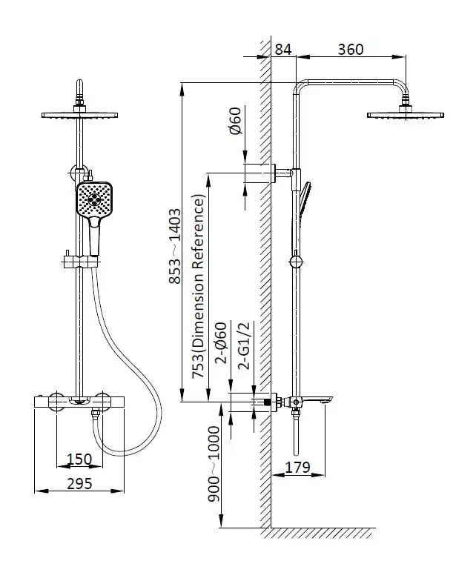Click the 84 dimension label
pyautogui.click(x=283, y=50)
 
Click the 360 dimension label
pyautogui.click(x=351, y=50)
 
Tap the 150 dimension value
pyautogui.click(x=79, y=459)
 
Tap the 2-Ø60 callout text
pyautogui.click(x=219, y=345)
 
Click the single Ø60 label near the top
pyautogui.click(x=235, y=121)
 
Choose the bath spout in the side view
pyautogui.click(x=317, y=402)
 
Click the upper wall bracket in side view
pyautogui.click(x=262, y=172)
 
